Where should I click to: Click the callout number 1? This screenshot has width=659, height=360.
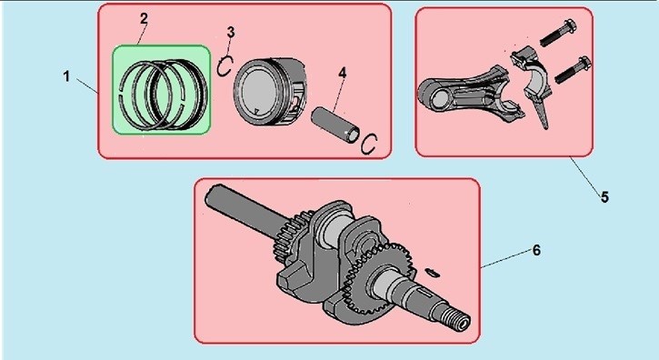[66, 76]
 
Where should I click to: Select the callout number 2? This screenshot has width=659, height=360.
[144, 18]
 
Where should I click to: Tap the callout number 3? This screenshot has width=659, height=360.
[231, 33]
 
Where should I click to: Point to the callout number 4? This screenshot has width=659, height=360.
[343, 73]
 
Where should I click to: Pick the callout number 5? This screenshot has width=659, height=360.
[604, 197]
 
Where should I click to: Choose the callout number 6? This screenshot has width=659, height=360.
[536, 250]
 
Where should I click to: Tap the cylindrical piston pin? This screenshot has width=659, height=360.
[335, 125]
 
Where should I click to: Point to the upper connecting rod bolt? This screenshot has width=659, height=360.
[558, 33]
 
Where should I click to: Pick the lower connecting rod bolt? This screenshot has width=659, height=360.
[574, 70]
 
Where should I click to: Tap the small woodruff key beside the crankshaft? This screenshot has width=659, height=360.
[431, 272]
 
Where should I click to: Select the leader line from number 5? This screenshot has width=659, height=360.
[585, 175]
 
